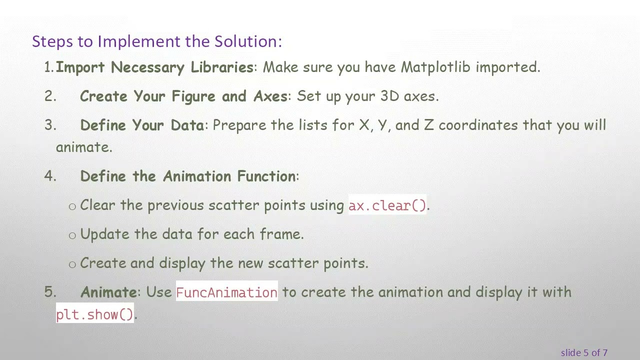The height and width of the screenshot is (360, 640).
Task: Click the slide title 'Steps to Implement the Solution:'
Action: (x=156, y=41)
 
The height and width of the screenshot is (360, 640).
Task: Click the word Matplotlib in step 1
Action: (x=435, y=67)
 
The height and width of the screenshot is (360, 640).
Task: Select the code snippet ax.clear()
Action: (x=387, y=205)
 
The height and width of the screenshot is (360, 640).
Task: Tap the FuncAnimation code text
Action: (x=226, y=292)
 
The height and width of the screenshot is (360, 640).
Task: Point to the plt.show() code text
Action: (x=94, y=314)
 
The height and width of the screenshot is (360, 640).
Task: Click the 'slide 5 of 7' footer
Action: (x=584, y=352)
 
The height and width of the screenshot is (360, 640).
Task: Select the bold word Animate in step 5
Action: (x=108, y=292)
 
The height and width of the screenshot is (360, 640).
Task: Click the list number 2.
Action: (x=50, y=96)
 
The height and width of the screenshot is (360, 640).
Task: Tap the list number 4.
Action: (x=50, y=176)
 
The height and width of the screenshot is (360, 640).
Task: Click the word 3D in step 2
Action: (x=389, y=96)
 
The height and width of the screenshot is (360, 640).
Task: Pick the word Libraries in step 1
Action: (x=222, y=67)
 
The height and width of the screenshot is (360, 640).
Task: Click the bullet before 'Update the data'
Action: (x=72, y=235)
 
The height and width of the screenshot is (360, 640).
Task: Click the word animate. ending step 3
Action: (x=84, y=147)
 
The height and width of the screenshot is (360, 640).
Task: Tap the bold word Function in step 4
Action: (x=266, y=176)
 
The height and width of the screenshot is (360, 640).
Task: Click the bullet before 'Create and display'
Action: (x=72, y=264)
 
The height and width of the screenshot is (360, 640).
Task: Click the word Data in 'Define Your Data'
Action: (x=187, y=125)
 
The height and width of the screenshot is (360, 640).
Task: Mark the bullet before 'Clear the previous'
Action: (x=72, y=206)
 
